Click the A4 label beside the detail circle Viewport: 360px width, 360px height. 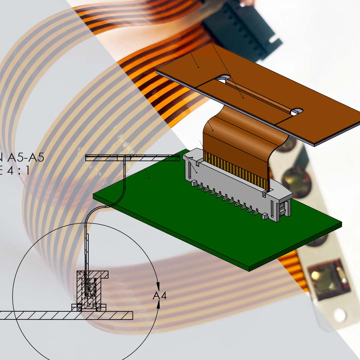point(159,295)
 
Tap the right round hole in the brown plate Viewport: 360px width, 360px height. point(297,111)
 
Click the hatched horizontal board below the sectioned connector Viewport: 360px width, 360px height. point(67,315)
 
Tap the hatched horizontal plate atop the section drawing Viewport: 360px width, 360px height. point(133,158)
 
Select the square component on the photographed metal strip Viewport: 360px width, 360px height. point(328,278)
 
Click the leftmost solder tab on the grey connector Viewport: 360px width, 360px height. point(193,183)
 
